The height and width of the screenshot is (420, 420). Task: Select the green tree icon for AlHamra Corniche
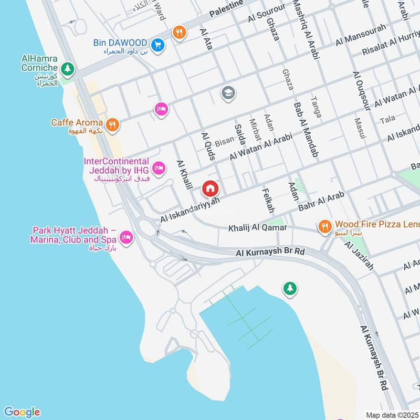point(67,68)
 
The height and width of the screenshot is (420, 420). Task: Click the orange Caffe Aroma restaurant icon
point(112,125)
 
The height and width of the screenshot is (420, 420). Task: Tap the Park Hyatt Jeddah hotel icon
point(126,238)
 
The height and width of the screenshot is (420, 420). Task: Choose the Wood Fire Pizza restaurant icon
point(324,226)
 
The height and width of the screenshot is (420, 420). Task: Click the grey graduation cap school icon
point(228,93)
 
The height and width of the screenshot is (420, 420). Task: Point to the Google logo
point(22,412)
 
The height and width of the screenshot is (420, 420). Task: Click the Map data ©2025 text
point(391,414)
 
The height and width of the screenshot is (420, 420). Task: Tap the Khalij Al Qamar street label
point(257,228)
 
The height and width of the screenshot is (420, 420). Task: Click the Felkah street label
point(267,200)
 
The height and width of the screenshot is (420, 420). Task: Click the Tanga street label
point(316,107)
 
